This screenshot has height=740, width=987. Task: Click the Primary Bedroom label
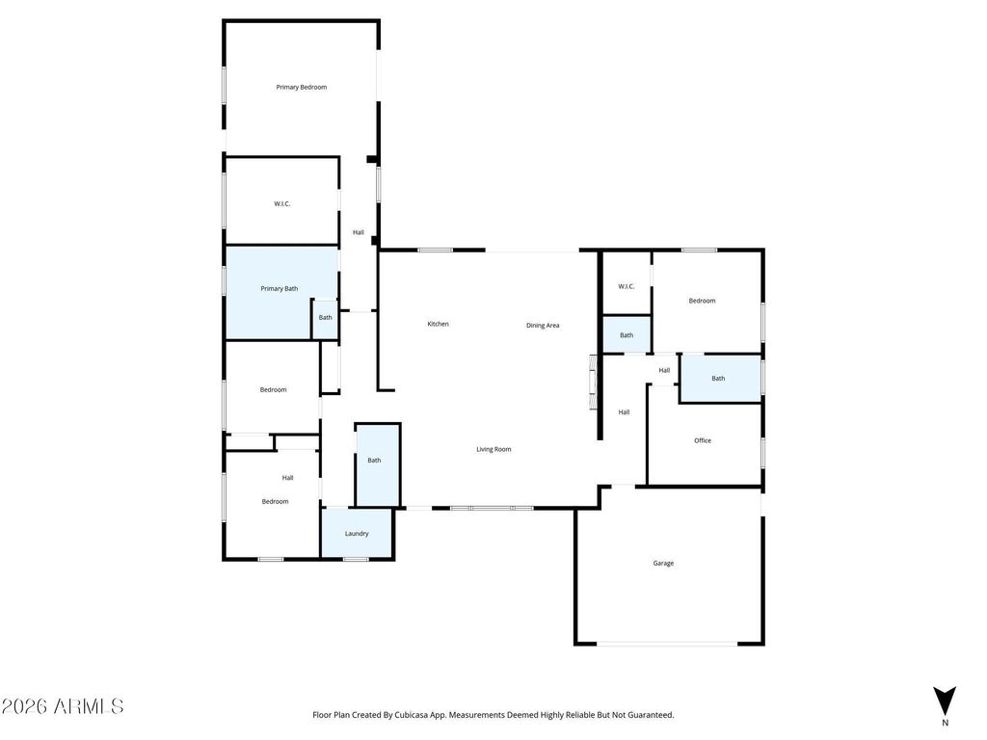pyautogui.click(x=301, y=88)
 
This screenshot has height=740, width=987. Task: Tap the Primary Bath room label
pyautogui.click(x=279, y=289)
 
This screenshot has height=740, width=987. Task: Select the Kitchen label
pyautogui.click(x=438, y=324)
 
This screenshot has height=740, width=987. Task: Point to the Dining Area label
pyautogui.click(x=543, y=326)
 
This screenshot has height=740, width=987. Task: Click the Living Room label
pyautogui.click(x=493, y=449)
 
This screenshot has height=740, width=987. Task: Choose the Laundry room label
pyautogui.click(x=357, y=533)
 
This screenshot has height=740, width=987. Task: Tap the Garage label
pyautogui.click(x=663, y=563)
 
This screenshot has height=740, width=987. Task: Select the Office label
pyautogui.click(x=703, y=440)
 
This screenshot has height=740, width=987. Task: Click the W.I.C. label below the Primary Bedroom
pyautogui.click(x=281, y=204)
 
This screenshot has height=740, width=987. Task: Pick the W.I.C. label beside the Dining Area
pyautogui.click(x=626, y=286)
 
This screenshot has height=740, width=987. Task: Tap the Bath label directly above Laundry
pyautogui.click(x=374, y=461)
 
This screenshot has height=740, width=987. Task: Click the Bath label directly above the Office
pyautogui.click(x=718, y=379)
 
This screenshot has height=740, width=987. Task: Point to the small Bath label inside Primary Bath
pyautogui.click(x=326, y=318)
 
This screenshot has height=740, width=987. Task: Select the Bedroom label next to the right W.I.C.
pyautogui.click(x=702, y=301)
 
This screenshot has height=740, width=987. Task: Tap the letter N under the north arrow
pyautogui.click(x=945, y=723)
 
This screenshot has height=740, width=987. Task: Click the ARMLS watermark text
pyautogui.click(x=63, y=706)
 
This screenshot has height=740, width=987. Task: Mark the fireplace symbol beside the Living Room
pyautogui.click(x=593, y=383)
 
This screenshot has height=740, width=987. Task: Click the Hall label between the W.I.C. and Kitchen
pyautogui.click(x=359, y=232)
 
